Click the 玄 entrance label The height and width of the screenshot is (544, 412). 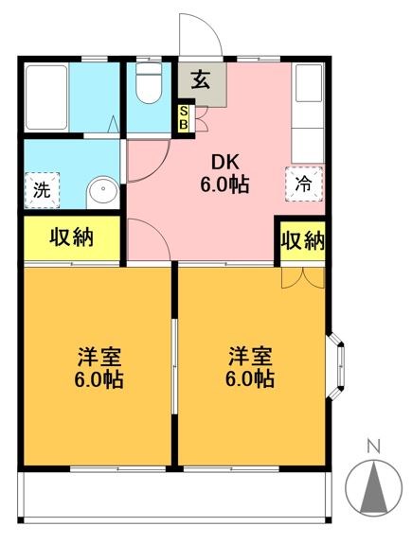[202, 79]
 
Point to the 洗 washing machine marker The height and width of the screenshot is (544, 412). [41, 187]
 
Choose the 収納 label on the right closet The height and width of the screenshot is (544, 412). [302, 240]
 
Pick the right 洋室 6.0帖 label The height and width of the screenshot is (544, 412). [251, 368]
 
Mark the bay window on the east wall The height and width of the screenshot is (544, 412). [337, 364]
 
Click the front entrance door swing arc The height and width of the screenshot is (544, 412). [202, 36]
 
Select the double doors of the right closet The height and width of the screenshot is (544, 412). [302, 274]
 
